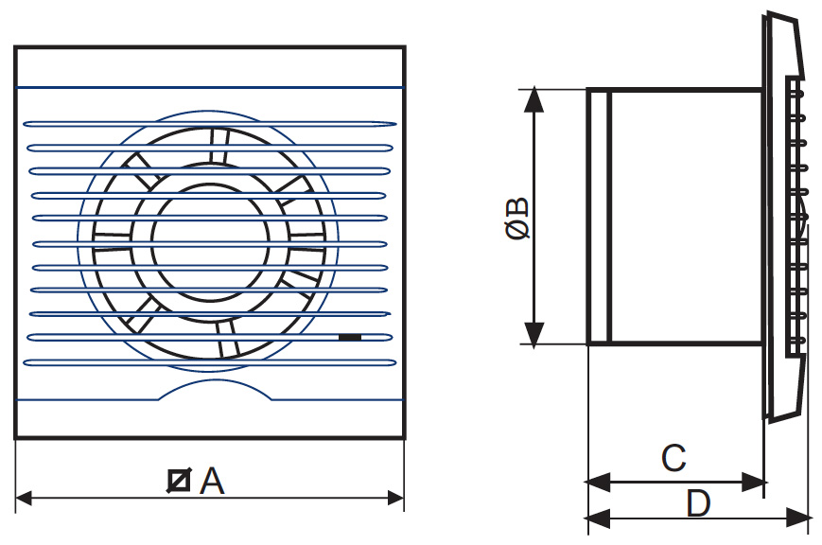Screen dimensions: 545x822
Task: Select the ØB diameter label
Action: click(517, 219)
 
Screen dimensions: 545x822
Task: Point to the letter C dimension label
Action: click(673, 459)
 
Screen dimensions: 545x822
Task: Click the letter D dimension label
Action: click(698, 503)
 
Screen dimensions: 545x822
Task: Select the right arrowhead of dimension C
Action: click(754, 483)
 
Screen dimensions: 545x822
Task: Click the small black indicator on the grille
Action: click(349, 336)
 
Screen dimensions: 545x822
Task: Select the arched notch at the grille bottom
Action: click(210, 387)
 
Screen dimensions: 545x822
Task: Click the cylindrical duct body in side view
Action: click(685, 218)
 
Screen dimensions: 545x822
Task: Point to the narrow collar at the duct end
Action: click(597, 218)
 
